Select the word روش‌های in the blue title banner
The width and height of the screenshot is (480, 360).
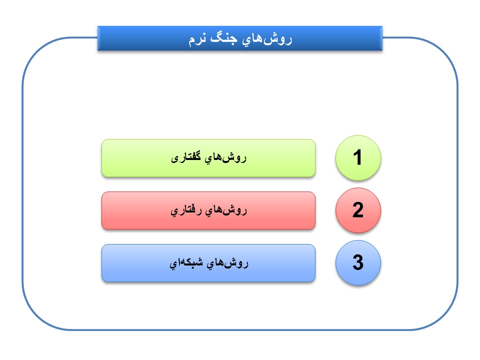tap(266, 39)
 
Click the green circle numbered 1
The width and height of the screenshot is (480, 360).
tap(358, 157)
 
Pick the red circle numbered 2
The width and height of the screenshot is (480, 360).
tap(358, 210)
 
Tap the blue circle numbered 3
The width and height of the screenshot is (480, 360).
tap(358, 262)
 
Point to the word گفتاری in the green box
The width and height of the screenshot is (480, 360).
tap(186, 158)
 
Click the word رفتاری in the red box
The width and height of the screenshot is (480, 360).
tap(186, 211)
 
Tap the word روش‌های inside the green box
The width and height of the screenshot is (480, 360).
tap(225, 158)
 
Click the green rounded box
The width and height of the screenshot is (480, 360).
tap(208, 158)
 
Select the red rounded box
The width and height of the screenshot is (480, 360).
tap(208, 210)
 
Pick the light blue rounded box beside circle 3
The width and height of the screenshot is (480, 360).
tap(208, 263)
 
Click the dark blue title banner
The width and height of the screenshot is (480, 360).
tap(240, 38)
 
